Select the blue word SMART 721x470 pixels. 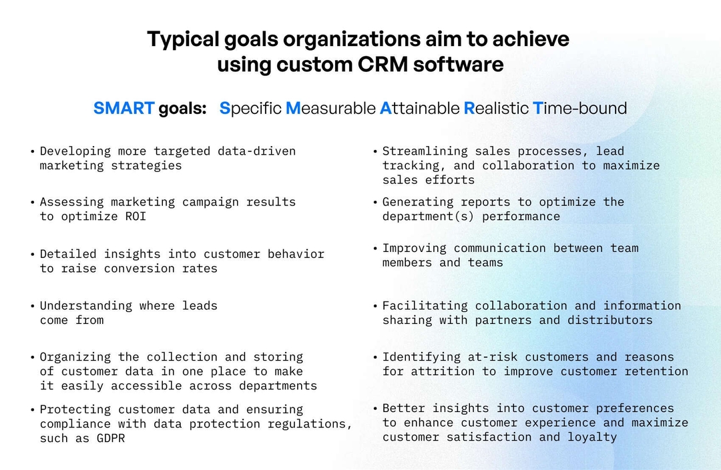click(124, 108)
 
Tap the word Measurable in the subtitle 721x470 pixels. click(330, 108)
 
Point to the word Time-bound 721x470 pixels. click(579, 108)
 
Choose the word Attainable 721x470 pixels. click(419, 108)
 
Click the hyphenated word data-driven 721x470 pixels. click(256, 151)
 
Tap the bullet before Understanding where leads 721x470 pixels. click(33, 306)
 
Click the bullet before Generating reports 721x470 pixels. click(375, 202)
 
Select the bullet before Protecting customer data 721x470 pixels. click(33, 409)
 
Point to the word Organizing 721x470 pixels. click(75, 357)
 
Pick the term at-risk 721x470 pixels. click(495, 357)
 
